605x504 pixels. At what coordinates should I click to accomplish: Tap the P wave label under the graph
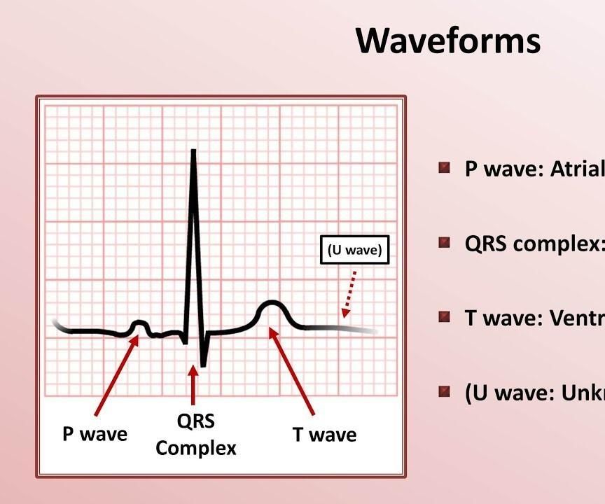[x=95, y=434]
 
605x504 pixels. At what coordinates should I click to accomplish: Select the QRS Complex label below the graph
[x=195, y=434]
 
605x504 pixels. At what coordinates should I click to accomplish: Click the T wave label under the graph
[x=324, y=435]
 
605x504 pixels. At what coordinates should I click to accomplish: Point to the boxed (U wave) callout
[x=355, y=251]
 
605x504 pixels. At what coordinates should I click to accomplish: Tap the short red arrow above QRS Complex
[x=193, y=384]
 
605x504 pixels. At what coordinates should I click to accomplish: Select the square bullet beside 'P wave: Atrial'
[x=444, y=168]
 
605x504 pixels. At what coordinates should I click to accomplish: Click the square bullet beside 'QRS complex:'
[x=444, y=243]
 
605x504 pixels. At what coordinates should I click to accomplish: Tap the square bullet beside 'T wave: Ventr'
[x=444, y=317]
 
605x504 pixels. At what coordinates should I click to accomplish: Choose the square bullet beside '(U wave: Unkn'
[x=444, y=391]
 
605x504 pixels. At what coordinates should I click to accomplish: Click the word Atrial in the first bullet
[x=578, y=169]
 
